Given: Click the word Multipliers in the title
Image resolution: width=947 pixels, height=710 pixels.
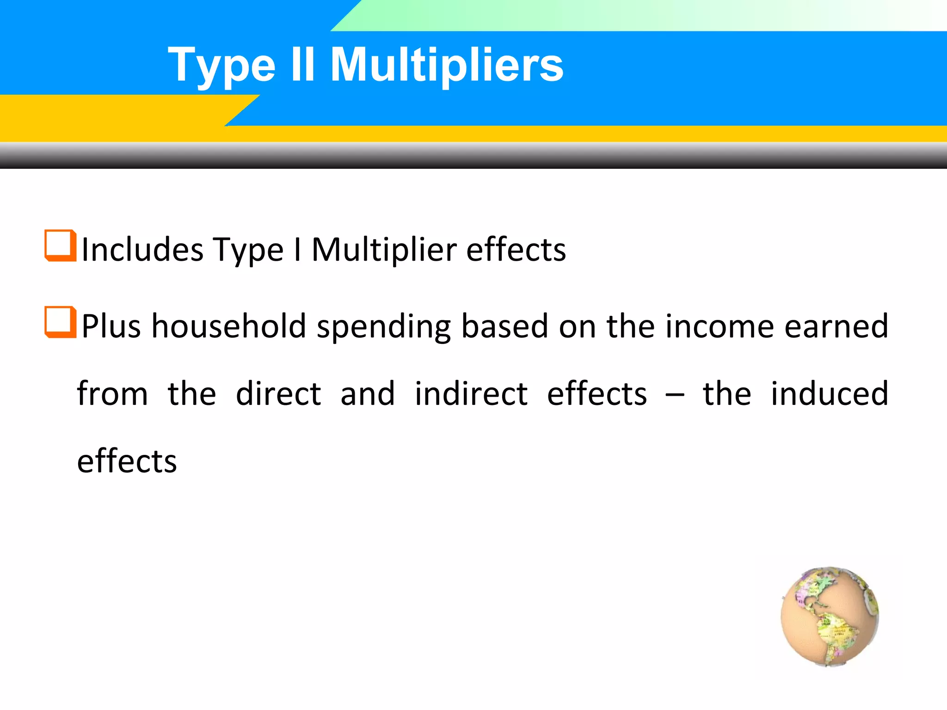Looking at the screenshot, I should [x=447, y=66].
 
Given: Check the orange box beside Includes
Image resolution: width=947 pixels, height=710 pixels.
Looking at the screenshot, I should [x=60, y=245].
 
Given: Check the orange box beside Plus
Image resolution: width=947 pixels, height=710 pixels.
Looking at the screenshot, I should [x=60, y=322].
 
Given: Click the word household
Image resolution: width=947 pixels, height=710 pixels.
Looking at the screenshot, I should [x=229, y=326].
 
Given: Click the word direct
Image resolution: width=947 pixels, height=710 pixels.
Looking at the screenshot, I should [x=278, y=394].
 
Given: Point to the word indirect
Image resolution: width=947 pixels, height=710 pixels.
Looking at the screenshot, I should [x=471, y=394].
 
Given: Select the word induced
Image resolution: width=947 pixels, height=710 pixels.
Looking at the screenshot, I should [x=830, y=394].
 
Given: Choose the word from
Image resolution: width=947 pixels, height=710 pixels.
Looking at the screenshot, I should [x=112, y=394].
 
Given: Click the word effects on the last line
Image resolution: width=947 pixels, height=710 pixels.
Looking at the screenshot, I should [x=127, y=461].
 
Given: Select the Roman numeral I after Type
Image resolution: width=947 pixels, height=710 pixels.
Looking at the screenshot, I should [x=298, y=250].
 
